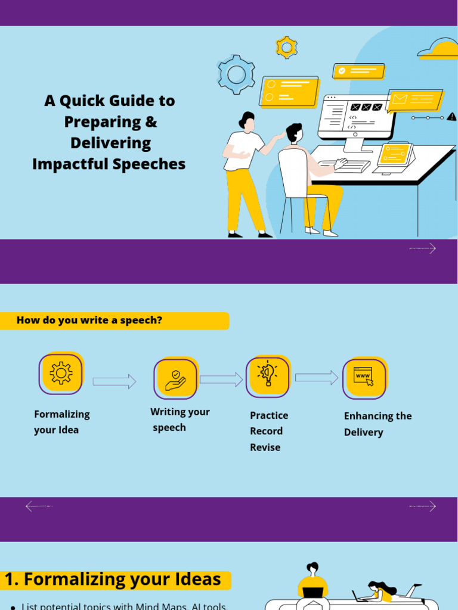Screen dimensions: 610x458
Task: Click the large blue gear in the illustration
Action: coord(237,74)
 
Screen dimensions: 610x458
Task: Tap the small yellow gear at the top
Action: coord(286,47)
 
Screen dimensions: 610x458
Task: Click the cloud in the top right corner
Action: coord(440,50)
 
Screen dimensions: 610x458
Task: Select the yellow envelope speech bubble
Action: coord(415,100)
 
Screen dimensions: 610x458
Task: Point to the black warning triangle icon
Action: coord(451,117)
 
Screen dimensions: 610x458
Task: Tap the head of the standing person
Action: coord(247,122)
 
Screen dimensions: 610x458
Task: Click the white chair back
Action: coord(292,172)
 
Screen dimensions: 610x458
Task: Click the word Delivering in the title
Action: coord(110,143)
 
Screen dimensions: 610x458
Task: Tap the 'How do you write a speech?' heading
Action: coord(89,320)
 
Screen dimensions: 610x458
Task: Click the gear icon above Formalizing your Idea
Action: coord(61,374)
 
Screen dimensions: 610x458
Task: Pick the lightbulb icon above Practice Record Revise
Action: coord(268,376)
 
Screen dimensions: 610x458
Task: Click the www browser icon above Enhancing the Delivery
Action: coord(364,378)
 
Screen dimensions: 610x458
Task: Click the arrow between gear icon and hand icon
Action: coord(114,382)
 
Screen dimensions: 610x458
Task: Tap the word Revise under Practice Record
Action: coord(265,447)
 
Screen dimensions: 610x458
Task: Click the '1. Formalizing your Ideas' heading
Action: coord(113,580)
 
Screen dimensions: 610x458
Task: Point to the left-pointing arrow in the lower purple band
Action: coord(39,506)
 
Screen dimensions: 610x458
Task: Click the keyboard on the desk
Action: coord(344,165)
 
